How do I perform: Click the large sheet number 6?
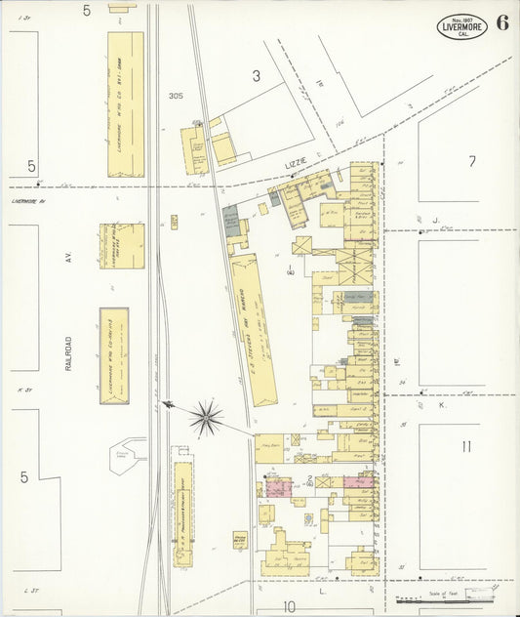(500, 23)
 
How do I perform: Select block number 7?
(471, 161)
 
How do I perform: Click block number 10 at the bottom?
(289, 606)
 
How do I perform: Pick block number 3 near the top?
(257, 75)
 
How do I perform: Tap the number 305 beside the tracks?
(176, 96)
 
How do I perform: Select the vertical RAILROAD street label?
(69, 350)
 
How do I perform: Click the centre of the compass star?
(206, 418)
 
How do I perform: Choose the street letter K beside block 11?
(441, 404)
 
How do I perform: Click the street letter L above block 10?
(321, 591)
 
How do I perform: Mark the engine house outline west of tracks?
(128, 456)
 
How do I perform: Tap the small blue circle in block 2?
(309, 517)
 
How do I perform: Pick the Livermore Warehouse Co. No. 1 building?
(125, 104)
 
